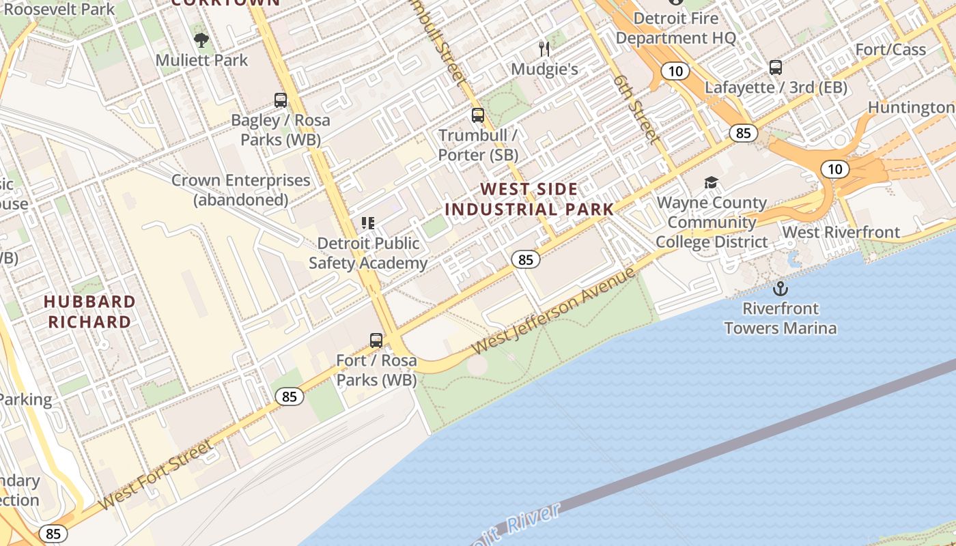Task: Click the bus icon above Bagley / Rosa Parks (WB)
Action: coord(281,100)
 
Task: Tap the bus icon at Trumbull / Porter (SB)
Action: coord(478,115)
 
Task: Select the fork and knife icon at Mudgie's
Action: coord(544,48)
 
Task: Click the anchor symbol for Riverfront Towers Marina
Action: coord(780,289)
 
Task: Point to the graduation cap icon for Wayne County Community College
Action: coord(711,183)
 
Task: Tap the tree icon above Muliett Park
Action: coord(201,40)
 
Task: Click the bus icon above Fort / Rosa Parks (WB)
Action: coord(376,340)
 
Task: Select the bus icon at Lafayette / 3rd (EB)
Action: coord(776,68)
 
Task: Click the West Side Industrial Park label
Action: coord(529,199)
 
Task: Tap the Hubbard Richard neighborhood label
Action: coord(89,311)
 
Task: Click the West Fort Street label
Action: coord(155,475)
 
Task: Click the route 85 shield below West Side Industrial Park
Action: coord(525,259)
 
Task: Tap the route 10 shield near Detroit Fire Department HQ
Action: coord(675,71)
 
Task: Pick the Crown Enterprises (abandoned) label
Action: coord(240,190)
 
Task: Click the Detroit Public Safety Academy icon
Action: coord(368,223)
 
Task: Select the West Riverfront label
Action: coord(841,232)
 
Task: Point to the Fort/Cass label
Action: coord(890,50)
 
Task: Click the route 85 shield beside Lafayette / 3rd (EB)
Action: coord(743,133)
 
